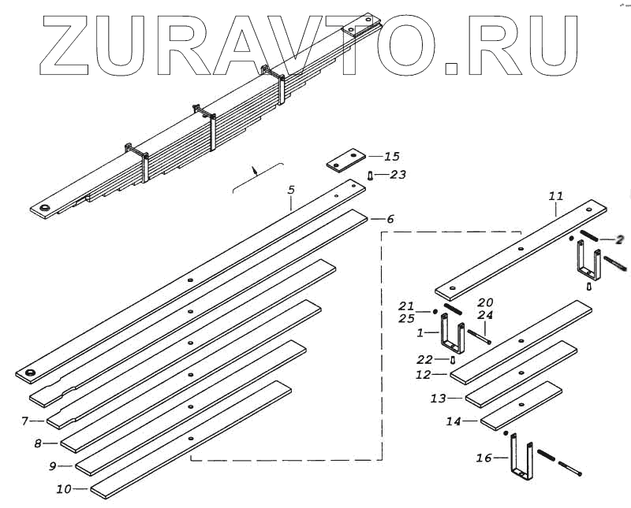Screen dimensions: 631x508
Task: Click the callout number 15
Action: click(x=392, y=157)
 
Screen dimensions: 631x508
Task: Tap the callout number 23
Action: click(x=398, y=175)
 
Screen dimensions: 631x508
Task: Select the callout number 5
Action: click(x=291, y=190)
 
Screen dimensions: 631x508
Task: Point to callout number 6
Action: click(x=389, y=219)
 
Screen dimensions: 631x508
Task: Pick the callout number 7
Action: click(x=26, y=421)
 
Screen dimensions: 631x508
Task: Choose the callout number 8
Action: click(x=39, y=443)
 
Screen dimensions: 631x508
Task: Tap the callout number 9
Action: click(x=53, y=466)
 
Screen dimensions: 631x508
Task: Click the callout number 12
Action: click(x=424, y=375)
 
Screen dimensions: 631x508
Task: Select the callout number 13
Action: click(x=439, y=399)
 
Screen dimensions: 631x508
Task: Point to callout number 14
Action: click(x=454, y=421)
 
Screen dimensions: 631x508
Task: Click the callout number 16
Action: click(x=484, y=457)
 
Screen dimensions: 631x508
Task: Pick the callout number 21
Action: click(x=406, y=306)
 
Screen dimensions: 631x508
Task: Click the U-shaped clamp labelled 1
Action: click(x=452, y=335)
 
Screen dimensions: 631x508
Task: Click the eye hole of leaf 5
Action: click(x=32, y=372)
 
